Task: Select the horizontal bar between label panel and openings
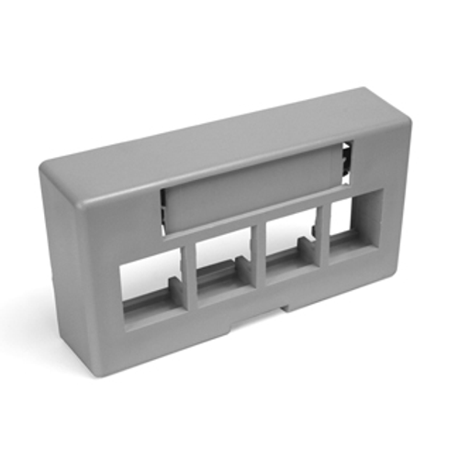[x=248, y=227]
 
